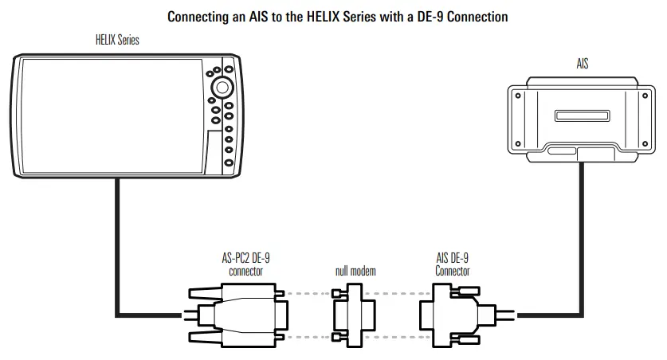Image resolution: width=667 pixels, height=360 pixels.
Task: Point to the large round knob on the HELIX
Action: click(x=223, y=87)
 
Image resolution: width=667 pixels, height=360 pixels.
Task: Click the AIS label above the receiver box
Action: click(x=583, y=63)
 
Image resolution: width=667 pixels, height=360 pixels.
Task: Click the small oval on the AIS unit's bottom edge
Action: click(x=560, y=150)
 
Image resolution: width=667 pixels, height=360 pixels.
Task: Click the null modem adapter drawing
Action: click(x=353, y=315)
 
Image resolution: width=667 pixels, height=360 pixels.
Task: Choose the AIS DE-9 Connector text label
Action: click(x=452, y=264)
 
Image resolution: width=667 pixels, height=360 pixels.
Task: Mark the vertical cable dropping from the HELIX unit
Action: click(x=117, y=239)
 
